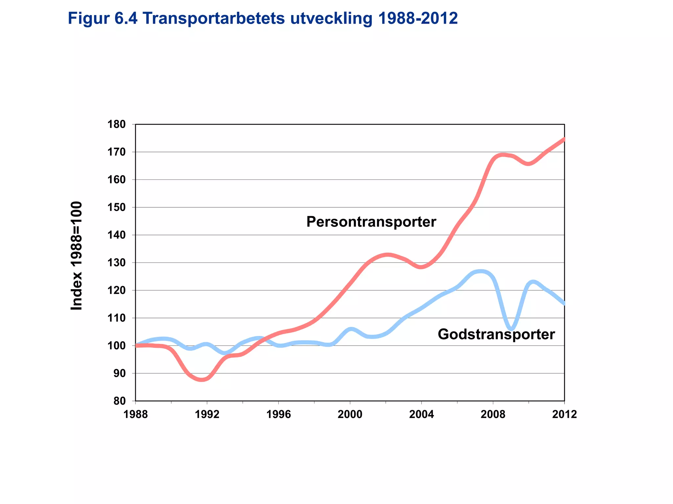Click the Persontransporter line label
tap(371, 222)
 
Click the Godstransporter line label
tap(496, 335)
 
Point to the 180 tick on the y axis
tap(117, 124)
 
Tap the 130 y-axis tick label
tap(117, 263)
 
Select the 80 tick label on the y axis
tap(120, 401)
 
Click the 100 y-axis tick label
tap(117, 346)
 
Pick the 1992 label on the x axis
tap(207, 414)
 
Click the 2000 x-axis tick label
tap(350, 414)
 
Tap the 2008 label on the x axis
tap(493, 414)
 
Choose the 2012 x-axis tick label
tap(564, 414)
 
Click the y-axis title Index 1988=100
tap(77, 256)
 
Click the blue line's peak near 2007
tap(480, 272)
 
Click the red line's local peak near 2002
tap(388, 255)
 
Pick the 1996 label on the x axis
tap(278, 414)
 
